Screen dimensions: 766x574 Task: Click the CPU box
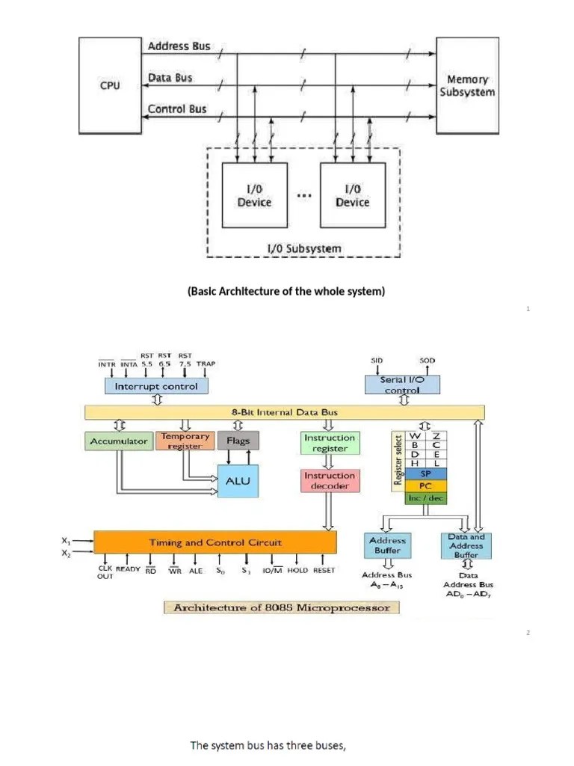coord(110,85)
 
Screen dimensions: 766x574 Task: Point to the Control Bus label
coord(177,109)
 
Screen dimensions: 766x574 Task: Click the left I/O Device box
coord(254,196)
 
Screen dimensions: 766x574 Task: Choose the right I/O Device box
coord(352,196)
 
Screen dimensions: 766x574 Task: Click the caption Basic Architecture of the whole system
coord(286,291)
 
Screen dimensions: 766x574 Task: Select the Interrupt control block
coord(156,386)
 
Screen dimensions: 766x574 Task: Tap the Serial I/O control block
coord(402,384)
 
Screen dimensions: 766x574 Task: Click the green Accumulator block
coord(119,441)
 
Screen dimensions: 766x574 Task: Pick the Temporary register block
coord(185,441)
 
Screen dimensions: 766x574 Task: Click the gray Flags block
coord(238,441)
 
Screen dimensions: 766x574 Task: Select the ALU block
coord(238,482)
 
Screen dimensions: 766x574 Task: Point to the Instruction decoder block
coord(330,480)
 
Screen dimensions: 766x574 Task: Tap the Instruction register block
coord(330,443)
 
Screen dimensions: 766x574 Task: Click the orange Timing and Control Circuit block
coord(215,542)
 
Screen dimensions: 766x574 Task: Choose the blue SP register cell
coord(425,474)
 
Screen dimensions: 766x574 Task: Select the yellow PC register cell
coord(425,485)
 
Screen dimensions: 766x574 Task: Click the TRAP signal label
coord(206,364)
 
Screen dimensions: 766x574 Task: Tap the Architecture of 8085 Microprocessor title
coord(282,607)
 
